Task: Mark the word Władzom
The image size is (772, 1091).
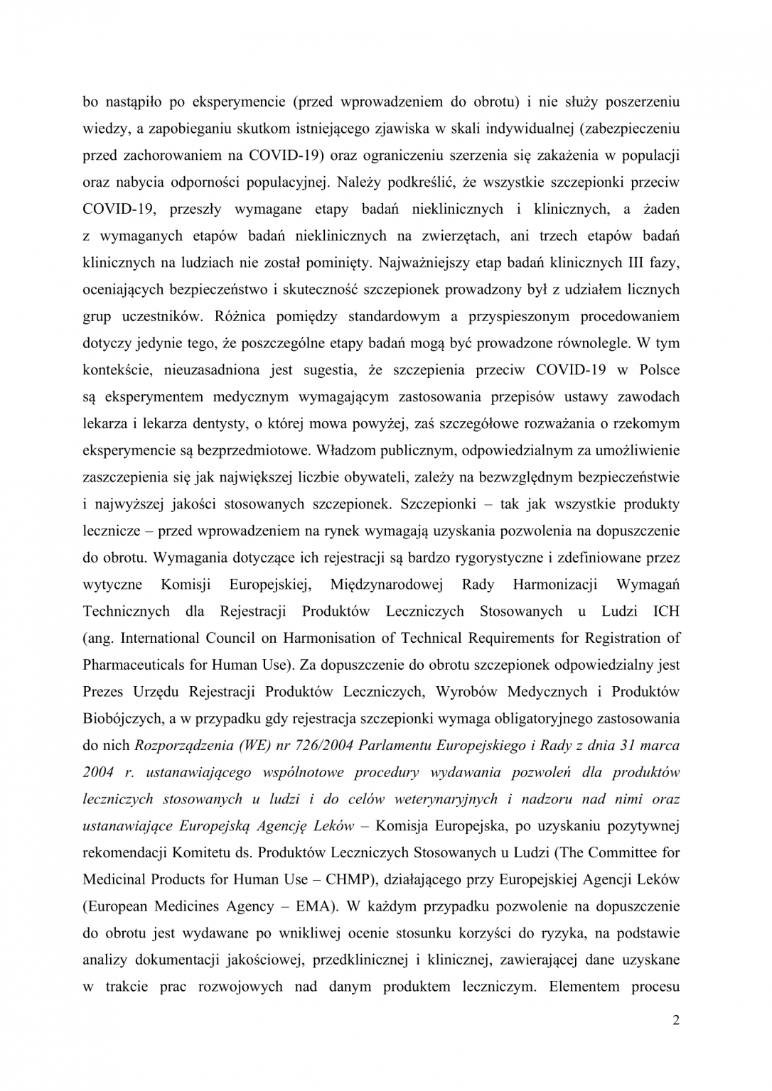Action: [345, 450]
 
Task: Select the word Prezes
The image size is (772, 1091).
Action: [103, 692]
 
